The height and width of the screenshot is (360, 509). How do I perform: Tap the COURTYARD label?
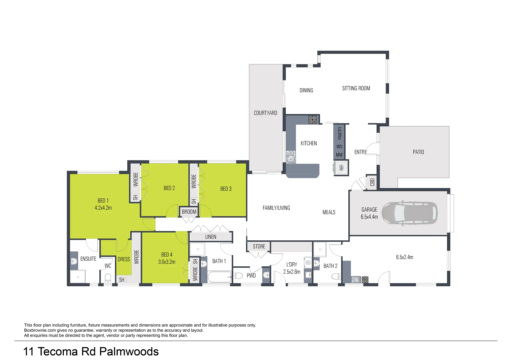[x=265, y=113]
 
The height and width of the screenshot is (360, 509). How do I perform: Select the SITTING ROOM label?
[x=356, y=88]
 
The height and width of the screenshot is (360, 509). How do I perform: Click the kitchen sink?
[x=291, y=157]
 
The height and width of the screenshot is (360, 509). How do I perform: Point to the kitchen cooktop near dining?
[x=312, y=120]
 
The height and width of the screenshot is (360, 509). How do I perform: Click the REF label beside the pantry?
[x=341, y=167]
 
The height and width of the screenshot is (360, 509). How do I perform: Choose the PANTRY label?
[x=340, y=133]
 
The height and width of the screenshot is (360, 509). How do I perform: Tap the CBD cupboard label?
[x=372, y=182]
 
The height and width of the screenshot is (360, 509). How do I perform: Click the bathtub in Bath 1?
[x=219, y=277]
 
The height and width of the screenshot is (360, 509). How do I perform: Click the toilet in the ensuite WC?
[x=108, y=278]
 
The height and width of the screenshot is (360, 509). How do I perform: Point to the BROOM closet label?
[x=189, y=212]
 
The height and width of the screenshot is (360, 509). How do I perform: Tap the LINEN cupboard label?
[x=211, y=237]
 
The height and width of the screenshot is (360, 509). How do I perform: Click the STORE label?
[x=259, y=246]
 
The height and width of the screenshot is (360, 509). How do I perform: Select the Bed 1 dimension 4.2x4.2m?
[x=103, y=208]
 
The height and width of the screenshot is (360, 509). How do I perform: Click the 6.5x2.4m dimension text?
[x=404, y=257]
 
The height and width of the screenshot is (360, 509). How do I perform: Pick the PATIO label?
[x=418, y=152]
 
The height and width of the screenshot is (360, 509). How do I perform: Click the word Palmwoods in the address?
[x=129, y=351]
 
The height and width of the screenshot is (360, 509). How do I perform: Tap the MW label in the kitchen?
[x=339, y=155]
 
